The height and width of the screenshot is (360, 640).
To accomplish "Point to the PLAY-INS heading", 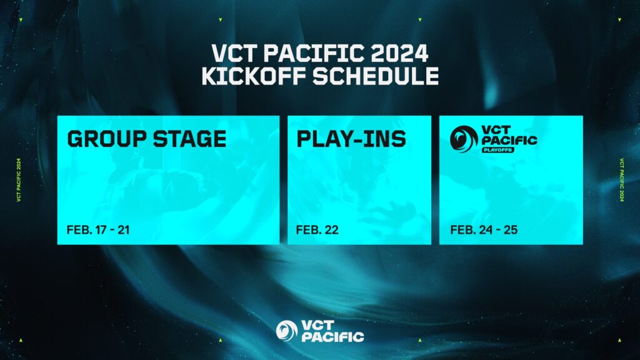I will tap(351, 139).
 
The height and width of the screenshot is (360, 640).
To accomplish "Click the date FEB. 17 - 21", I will tap(98, 230).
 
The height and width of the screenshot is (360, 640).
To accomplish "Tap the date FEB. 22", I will tap(317, 230).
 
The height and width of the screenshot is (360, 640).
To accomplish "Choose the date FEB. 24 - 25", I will tap(483, 230).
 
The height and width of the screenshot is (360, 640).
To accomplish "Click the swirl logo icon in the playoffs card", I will tap(464, 139).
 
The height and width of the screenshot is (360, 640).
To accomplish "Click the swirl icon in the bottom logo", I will tap(287, 331).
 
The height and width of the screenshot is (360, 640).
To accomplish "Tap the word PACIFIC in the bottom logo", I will tap(332, 337).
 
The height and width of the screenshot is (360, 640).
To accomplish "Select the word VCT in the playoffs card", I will tap(494, 130).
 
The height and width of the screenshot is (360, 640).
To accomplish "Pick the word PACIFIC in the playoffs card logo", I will tap(508, 141).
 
